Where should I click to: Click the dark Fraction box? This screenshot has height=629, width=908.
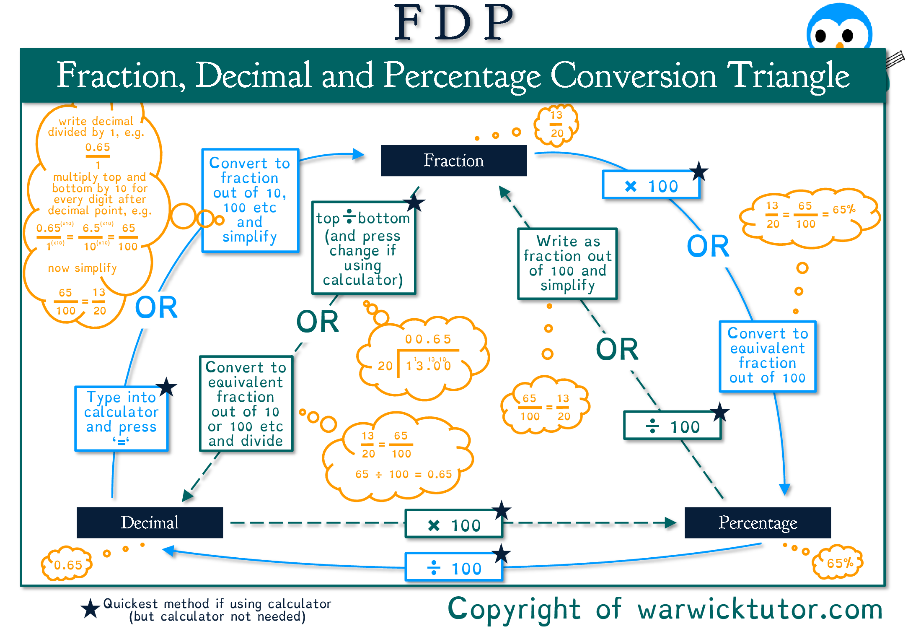[x=453, y=161]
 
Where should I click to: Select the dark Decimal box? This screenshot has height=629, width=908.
[x=150, y=522]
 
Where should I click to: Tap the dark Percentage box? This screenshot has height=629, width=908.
[x=758, y=522]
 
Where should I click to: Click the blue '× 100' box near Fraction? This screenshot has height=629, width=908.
[x=651, y=185]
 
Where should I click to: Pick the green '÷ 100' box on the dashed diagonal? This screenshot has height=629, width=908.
[x=672, y=426]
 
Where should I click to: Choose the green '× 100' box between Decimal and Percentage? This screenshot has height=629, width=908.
[x=453, y=525]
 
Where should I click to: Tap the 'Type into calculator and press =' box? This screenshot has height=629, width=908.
[x=121, y=418]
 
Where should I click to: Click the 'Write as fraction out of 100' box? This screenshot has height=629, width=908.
[x=567, y=263]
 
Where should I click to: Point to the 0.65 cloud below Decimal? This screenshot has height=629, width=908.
[x=67, y=564]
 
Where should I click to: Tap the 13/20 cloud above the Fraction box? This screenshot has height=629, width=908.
[x=556, y=125]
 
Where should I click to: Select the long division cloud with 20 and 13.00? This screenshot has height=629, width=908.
[x=423, y=356]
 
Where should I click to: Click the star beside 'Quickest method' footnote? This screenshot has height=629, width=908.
[x=90, y=609]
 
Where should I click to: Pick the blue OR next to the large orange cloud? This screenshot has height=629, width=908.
[x=156, y=307]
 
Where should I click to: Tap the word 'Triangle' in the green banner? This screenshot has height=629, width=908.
[x=788, y=76]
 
